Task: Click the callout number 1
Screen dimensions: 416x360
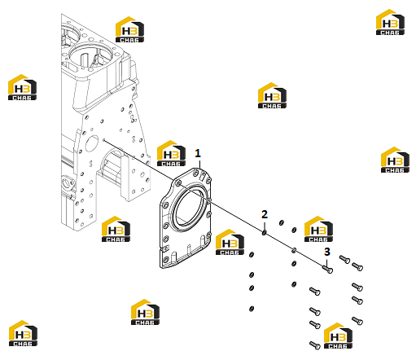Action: click(x=198, y=153)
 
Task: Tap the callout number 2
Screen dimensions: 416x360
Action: click(x=265, y=214)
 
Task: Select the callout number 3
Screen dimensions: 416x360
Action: click(x=327, y=252)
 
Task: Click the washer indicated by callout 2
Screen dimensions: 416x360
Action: click(x=264, y=232)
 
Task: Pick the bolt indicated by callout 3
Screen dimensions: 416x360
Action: click(x=327, y=269)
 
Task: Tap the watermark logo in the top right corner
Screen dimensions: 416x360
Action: click(x=390, y=22)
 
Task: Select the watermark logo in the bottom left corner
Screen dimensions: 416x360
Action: click(x=23, y=333)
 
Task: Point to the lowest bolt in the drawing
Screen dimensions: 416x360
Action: click(x=315, y=345)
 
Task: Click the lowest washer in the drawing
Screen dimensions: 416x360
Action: click(x=252, y=309)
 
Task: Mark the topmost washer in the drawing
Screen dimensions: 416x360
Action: click(x=282, y=222)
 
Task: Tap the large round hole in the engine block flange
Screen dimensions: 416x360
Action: click(x=92, y=144)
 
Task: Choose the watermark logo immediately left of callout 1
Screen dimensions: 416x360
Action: click(x=171, y=153)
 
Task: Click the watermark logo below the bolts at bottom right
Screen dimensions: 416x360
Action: click(x=338, y=336)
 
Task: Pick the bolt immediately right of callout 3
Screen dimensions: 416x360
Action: click(x=344, y=259)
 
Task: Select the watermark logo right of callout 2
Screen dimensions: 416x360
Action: click(x=318, y=229)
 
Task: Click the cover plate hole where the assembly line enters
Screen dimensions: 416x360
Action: click(x=178, y=184)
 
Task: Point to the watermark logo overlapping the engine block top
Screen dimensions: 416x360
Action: click(x=129, y=29)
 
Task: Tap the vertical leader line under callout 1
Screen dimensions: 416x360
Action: click(x=199, y=165)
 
